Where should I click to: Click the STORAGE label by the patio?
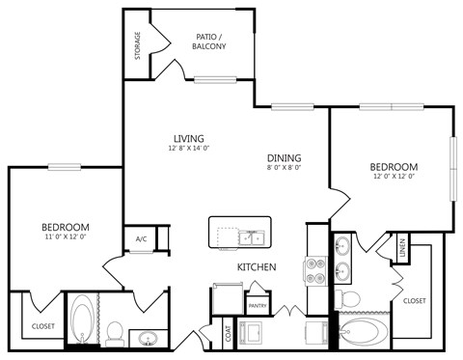[x=138, y=45]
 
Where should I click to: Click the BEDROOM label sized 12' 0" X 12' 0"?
[x=395, y=166]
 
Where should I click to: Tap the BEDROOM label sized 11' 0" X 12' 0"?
[x=65, y=225]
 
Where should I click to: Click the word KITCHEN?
[x=258, y=266]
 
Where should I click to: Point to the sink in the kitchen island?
[x=252, y=235]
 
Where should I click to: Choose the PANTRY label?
[x=257, y=306]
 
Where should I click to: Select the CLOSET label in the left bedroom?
[x=42, y=325]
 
